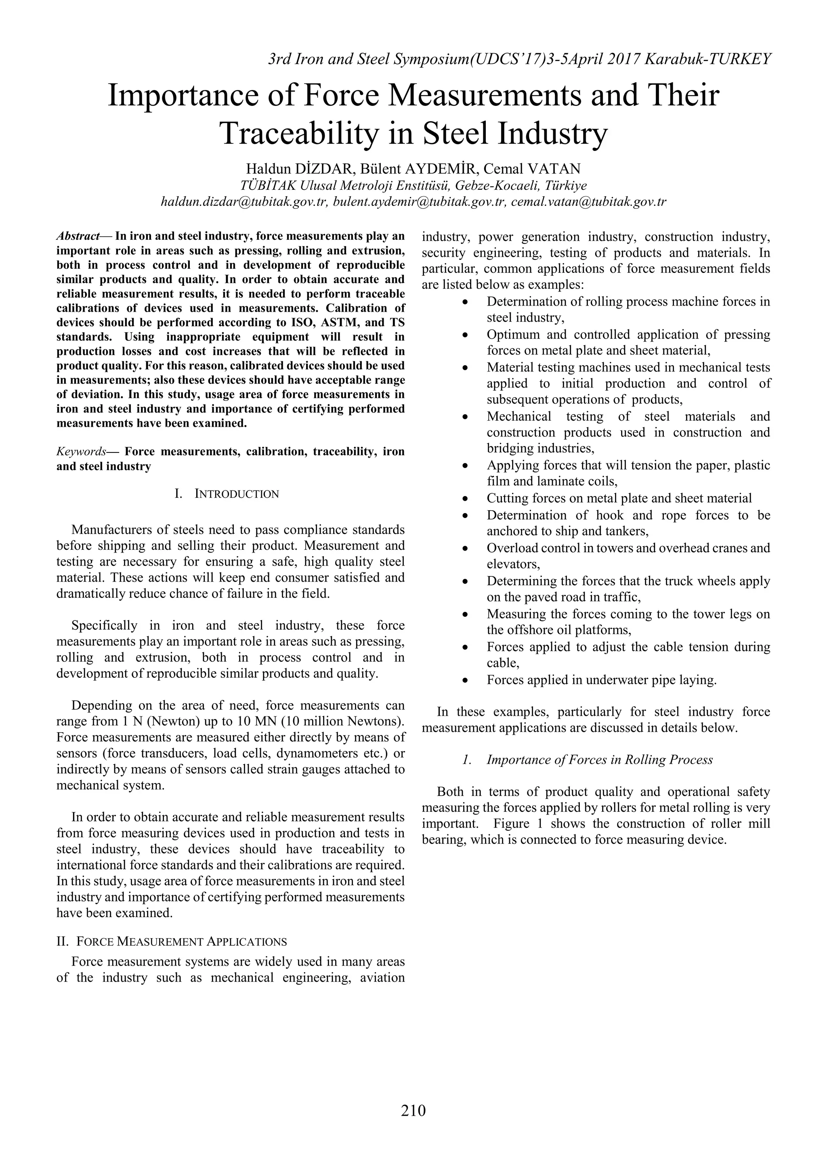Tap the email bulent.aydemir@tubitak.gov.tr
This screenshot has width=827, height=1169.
pos(419,201)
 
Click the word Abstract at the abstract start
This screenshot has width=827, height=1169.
pos(78,236)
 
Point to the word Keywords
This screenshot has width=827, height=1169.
pos(81,452)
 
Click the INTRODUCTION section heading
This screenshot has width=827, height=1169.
pos(236,494)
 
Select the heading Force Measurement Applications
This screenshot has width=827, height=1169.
pos(181,941)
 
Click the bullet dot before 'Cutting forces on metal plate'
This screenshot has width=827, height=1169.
pos(465,499)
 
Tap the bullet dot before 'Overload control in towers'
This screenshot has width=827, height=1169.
pos(465,549)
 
